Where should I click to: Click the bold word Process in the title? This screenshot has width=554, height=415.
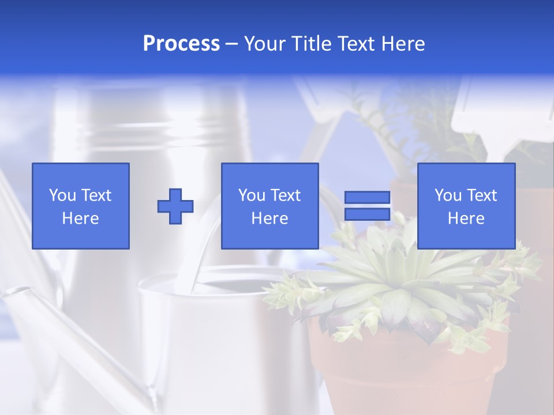click(x=181, y=44)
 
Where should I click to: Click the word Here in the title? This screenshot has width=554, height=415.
click(x=403, y=44)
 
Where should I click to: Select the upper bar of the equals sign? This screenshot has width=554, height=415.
click(x=367, y=198)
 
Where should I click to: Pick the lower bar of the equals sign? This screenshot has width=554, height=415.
click(x=367, y=214)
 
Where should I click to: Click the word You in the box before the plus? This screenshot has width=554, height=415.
click(x=62, y=195)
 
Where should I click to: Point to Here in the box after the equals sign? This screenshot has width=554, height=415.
click(x=466, y=218)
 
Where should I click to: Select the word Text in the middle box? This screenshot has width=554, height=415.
click(x=286, y=195)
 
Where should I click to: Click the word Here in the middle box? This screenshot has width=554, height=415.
click(x=269, y=218)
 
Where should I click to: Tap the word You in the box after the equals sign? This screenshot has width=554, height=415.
click(x=448, y=195)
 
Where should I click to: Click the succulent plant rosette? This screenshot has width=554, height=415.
click(x=398, y=282)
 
